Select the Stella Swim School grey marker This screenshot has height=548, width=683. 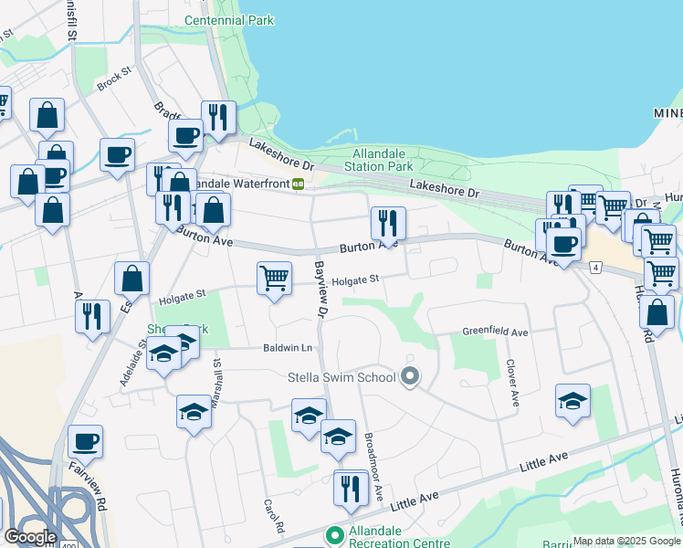coord(410,376)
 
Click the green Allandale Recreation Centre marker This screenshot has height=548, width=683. coord(335,535)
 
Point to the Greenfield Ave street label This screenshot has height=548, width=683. coord(495,332)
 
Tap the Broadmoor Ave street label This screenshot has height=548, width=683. coord(373,466)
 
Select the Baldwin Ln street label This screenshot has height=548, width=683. coord(288,348)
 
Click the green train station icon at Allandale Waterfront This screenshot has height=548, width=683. coord(298,184)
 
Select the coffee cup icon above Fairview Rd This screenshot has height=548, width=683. coord(86,441)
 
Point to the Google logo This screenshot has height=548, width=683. coord(30,536)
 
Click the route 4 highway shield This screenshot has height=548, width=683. coord(594,267)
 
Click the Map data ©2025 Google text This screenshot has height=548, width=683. coord(626,541)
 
